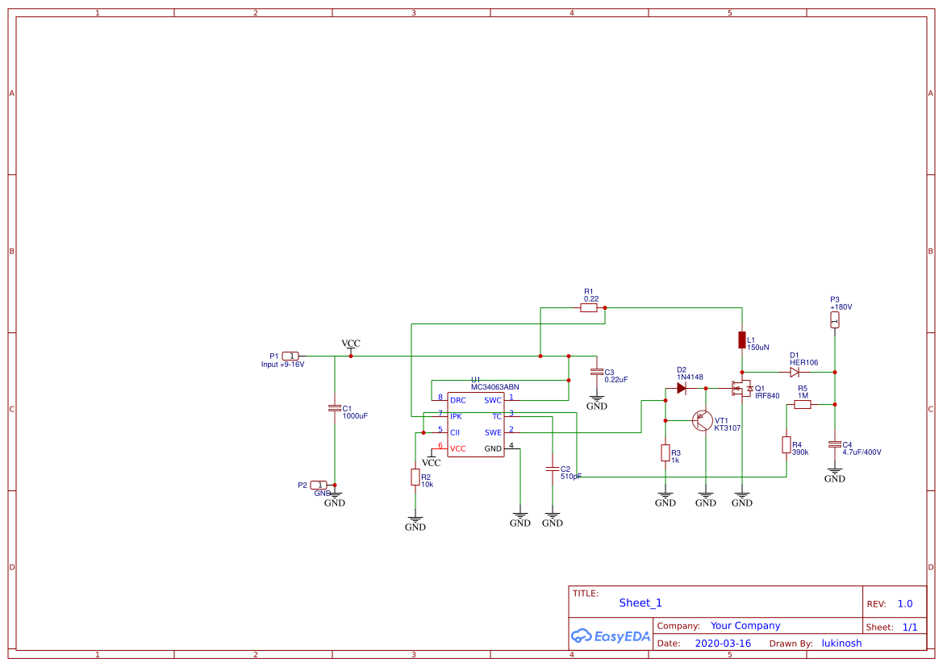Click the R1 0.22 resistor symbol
(x=589, y=307)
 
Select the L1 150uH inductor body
(x=741, y=340)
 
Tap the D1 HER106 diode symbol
(x=795, y=372)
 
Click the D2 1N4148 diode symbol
(x=682, y=388)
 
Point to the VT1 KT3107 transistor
(x=703, y=420)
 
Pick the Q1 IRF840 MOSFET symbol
(x=741, y=389)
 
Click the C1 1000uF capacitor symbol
(x=335, y=408)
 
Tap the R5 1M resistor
(x=802, y=405)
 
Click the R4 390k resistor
(x=786, y=445)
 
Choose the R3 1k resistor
(x=666, y=452)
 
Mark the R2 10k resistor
(x=415, y=477)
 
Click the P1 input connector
(x=291, y=356)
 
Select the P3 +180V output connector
(x=835, y=320)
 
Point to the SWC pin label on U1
(x=492, y=400)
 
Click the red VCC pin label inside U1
(x=457, y=448)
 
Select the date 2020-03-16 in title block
(x=723, y=644)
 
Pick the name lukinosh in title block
(x=841, y=644)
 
